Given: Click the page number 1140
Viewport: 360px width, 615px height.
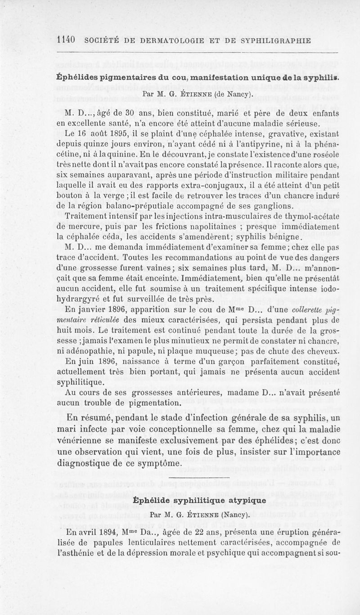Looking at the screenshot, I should click(67, 40).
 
